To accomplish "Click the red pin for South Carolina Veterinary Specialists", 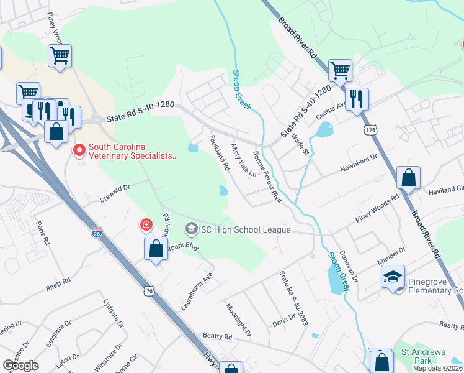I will point(79,150).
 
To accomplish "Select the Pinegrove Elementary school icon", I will point(392,277).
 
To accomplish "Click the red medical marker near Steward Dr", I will point(146,224).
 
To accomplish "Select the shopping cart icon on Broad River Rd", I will point(340,70).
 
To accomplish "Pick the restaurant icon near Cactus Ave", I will point(357,99).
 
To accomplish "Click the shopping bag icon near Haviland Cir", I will point(408,178).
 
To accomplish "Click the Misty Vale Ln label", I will point(244,161).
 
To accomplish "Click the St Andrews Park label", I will point(423,356).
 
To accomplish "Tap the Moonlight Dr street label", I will point(238,320).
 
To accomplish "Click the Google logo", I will point(20,365).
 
